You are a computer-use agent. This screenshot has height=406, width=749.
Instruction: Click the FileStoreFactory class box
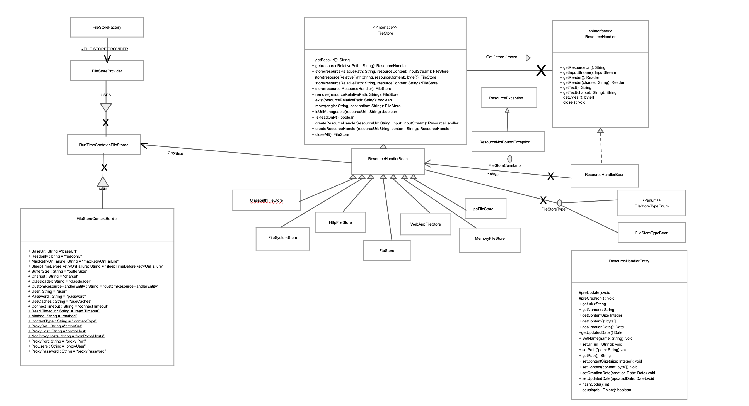pyautogui.click(x=107, y=27)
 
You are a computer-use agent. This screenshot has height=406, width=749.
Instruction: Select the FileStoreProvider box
pyautogui.click(x=107, y=71)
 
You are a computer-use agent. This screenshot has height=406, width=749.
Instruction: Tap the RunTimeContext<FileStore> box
pyautogui.click(x=104, y=145)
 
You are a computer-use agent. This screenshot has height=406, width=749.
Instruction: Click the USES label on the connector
pyautogui.click(x=106, y=95)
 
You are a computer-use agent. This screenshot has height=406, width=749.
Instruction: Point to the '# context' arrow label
pyautogui.click(x=175, y=153)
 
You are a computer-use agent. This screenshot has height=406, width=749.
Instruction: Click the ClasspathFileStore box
pyautogui.click(x=266, y=200)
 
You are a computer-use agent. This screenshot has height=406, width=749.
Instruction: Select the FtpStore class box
pyautogui.click(x=387, y=251)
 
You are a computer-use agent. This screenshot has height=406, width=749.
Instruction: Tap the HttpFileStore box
pyautogui.click(x=340, y=222)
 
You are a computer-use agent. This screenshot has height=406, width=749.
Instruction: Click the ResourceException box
pyautogui.click(x=509, y=98)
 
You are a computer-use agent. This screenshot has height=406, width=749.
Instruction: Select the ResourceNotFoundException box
pyautogui.click(x=508, y=142)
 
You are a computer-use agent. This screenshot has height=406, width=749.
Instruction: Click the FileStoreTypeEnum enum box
pyautogui.click(x=652, y=203)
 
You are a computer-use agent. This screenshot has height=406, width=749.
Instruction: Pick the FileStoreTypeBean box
pyautogui.click(x=652, y=233)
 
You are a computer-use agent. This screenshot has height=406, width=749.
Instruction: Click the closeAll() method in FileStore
pyautogui.click(x=331, y=134)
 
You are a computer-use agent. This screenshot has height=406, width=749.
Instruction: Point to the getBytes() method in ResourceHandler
pyautogui.click(x=577, y=97)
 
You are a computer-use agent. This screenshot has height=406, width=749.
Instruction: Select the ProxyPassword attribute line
pyautogui.click(x=67, y=351)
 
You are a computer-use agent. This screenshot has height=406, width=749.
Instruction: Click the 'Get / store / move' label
pyautogui.click(x=504, y=57)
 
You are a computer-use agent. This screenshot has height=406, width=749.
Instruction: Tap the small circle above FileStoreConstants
pyautogui.click(x=510, y=159)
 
